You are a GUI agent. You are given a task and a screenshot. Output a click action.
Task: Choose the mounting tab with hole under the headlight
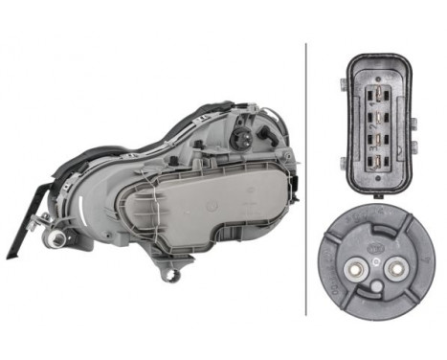tap(174, 277)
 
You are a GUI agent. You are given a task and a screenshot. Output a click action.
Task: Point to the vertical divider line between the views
tap(307, 177)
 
